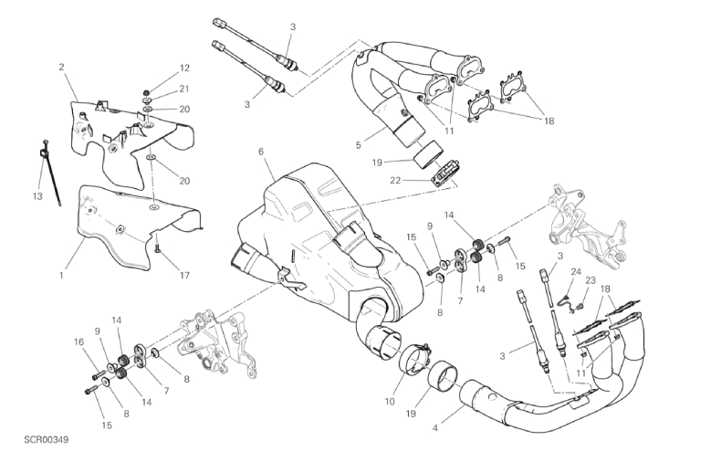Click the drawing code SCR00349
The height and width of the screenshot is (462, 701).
click(x=46, y=440)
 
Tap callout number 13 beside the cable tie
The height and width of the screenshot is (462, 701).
click(x=37, y=196)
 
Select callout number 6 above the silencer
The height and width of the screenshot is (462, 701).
click(x=261, y=152)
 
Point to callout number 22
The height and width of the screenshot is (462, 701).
click(x=395, y=180)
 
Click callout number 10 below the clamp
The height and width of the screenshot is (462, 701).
click(x=390, y=401)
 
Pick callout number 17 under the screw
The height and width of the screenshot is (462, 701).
click(x=184, y=276)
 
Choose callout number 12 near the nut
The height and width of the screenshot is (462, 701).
click(x=184, y=68)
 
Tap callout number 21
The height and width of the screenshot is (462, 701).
click(x=184, y=89)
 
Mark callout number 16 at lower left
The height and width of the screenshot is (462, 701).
click(x=78, y=342)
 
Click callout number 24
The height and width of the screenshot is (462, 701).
click(x=575, y=271)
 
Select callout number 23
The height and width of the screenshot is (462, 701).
click(x=591, y=280)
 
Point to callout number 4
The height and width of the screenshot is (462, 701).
click(x=435, y=428)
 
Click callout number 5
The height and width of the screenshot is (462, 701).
click(x=358, y=145)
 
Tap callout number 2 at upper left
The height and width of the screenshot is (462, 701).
click(x=61, y=67)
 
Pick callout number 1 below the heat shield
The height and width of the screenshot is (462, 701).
click(x=61, y=276)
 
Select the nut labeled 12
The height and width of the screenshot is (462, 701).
click(x=146, y=91)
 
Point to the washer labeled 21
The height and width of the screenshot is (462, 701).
click(x=147, y=100)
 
